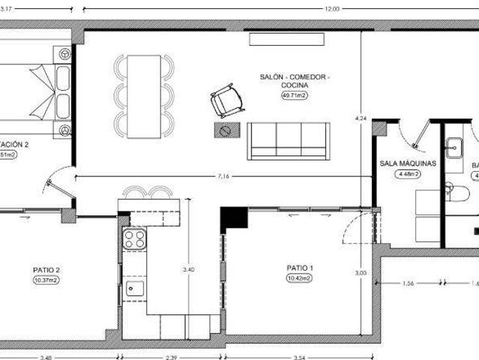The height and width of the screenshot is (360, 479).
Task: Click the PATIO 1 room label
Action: [x=299, y=268]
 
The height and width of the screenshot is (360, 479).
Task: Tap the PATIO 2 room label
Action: [x=46, y=270]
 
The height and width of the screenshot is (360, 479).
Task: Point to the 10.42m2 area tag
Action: [x=299, y=277]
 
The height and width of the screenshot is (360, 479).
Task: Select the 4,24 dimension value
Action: [x=361, y=118]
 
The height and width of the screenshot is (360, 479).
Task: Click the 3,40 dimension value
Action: [x=188, y=269]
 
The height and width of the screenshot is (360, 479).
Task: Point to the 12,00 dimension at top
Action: [x=331, y=9]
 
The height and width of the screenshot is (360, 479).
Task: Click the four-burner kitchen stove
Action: [x=134, y=239]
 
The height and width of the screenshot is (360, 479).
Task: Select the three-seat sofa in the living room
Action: [x=289, y=141]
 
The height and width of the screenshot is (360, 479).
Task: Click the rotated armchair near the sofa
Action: [x=225, y=100]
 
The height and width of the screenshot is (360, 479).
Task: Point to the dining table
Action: [x=145, y=96]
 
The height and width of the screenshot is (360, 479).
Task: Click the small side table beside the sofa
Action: [x=224, y=131]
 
